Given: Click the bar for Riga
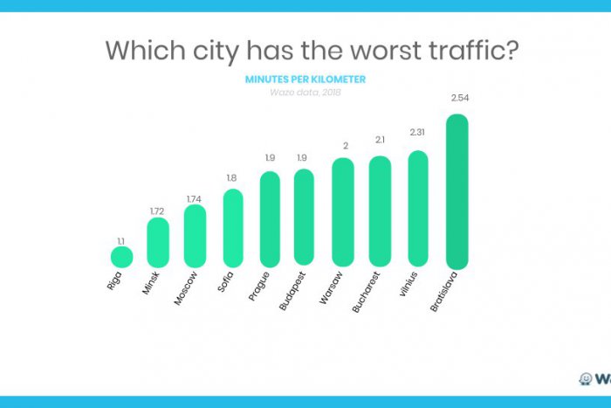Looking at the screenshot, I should (x=121, y=257).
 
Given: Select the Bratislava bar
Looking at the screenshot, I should (x=457, y=192).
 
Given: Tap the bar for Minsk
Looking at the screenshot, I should (x=158, y=242).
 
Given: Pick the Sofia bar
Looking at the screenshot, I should (x=233, y=227).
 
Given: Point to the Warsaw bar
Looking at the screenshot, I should (x=343, y=212).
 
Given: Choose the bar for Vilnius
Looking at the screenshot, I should (x=418, y=208).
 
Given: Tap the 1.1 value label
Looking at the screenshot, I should (x=121, y=239).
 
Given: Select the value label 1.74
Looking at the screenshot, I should (x=195, y=197).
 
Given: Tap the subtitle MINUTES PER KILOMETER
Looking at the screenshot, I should (x=305, y=80).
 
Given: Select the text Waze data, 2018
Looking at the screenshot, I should (x=305, y=93).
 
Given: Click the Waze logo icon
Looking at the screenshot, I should (x=586, y=378).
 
